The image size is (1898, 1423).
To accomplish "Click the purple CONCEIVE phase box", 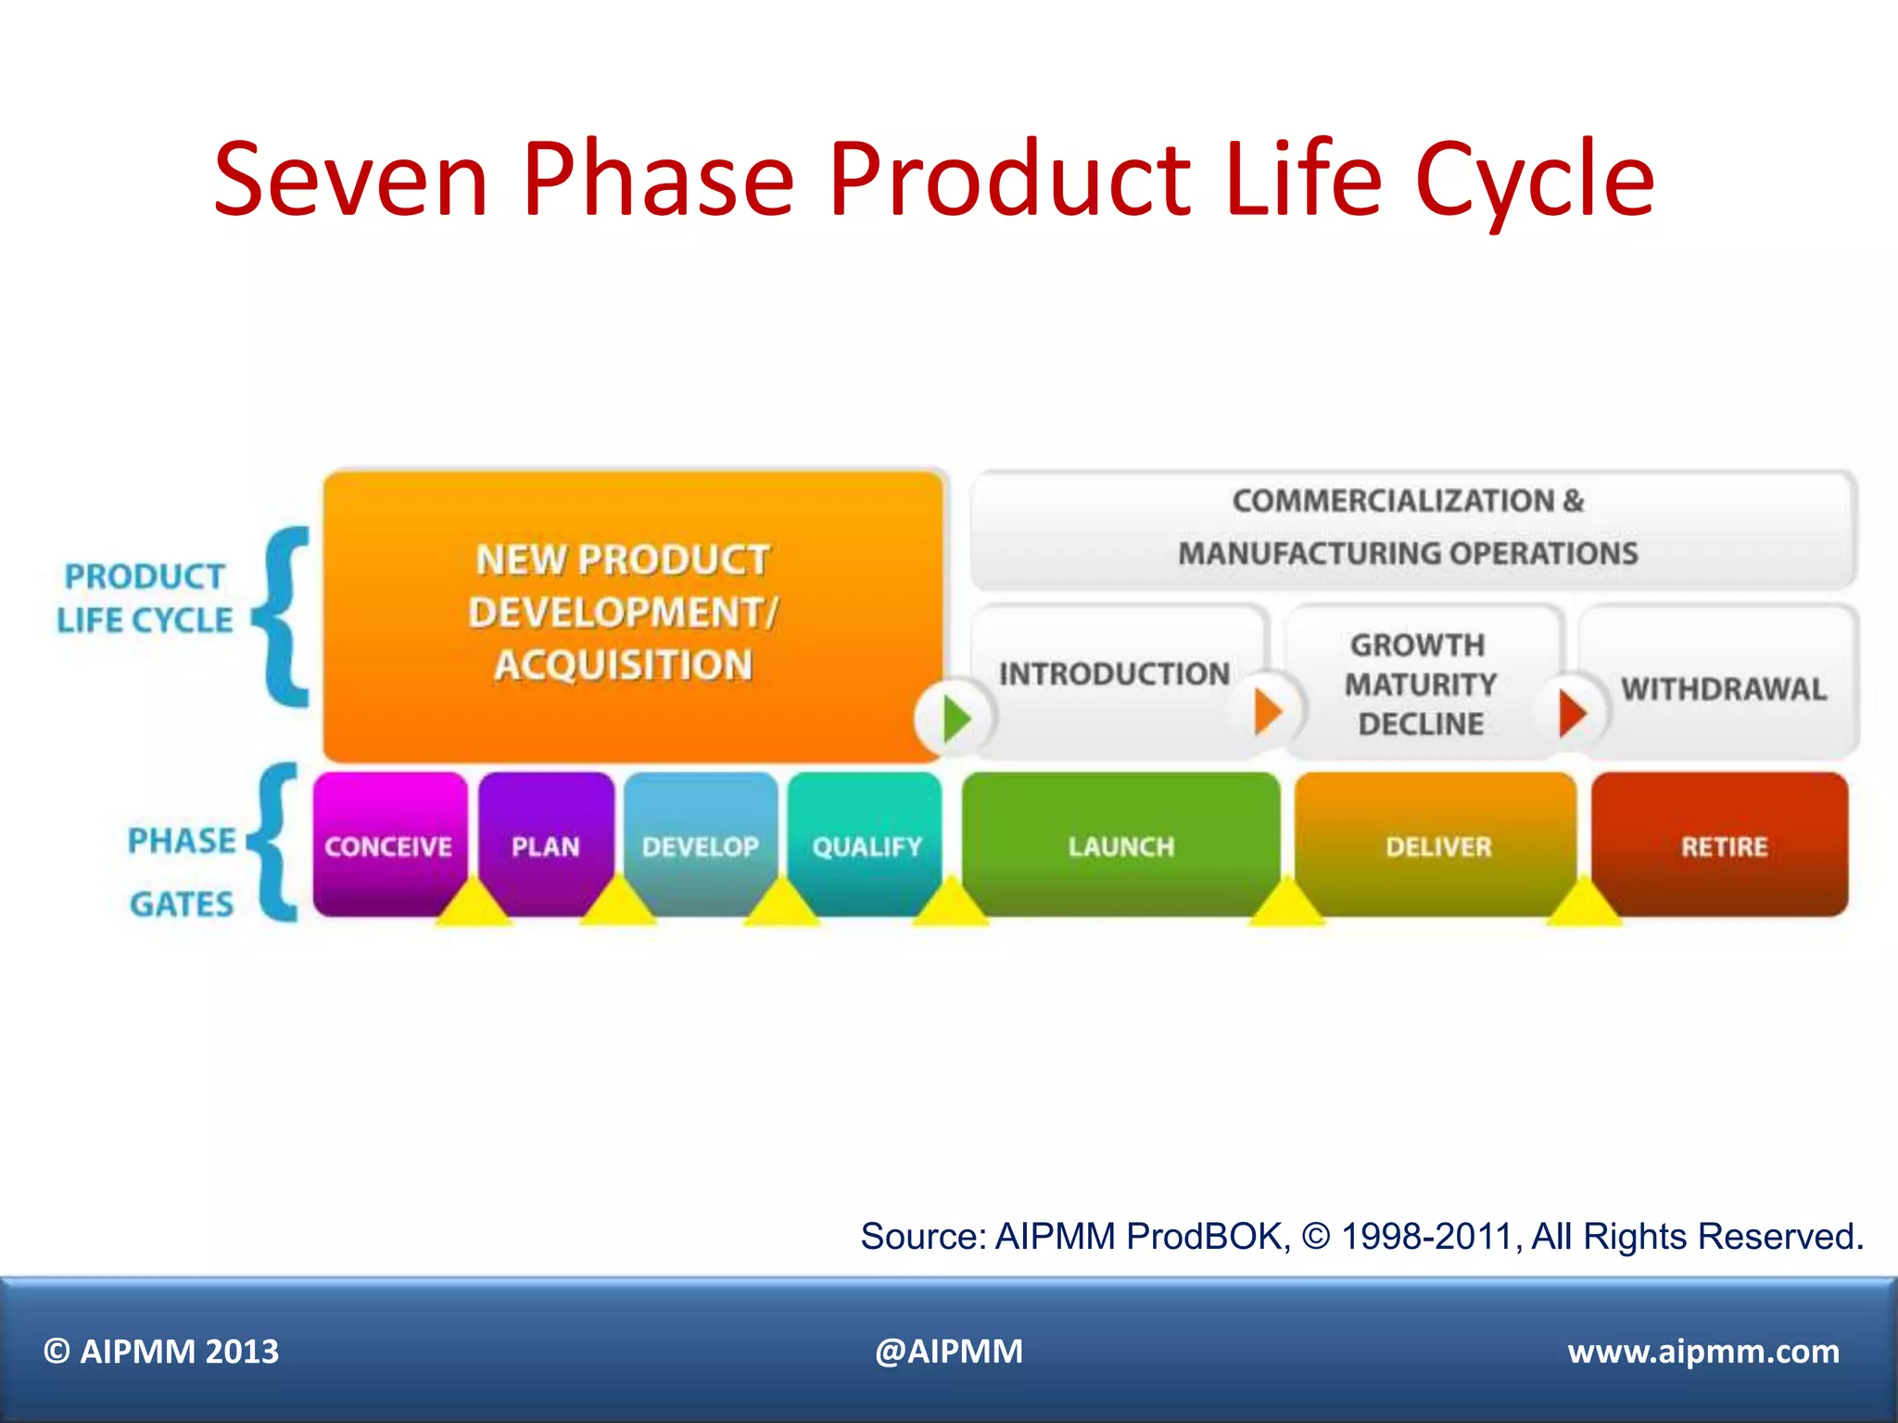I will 389,834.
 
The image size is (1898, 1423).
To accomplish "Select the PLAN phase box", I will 546,834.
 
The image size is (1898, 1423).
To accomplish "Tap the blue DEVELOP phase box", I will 701,834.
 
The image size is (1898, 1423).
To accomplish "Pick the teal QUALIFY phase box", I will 866,834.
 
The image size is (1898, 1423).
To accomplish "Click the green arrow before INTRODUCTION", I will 955,719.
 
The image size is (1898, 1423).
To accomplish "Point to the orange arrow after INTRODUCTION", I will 1268,712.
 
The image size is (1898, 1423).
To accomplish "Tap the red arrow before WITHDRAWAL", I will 1572,712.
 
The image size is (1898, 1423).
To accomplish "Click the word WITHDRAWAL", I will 1723,689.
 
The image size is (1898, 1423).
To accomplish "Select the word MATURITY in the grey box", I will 1420,685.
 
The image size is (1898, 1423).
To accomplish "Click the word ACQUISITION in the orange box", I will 623,665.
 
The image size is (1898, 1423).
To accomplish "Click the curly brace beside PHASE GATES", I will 275,843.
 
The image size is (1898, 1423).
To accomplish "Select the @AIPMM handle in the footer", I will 948,1352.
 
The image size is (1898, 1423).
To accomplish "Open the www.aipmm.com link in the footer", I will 1702,1352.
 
